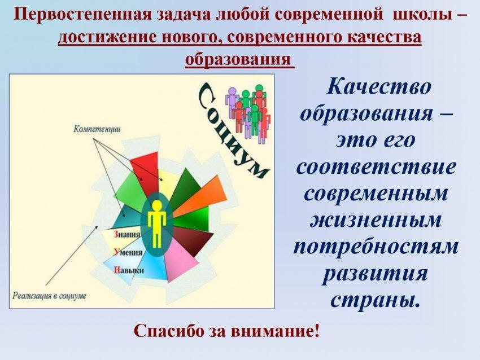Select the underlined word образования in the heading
click(238, 59)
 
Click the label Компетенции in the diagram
click(97, 129)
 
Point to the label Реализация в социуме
click(49, 296)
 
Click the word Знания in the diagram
click(127, 234)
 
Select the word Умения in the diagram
click(128, 252)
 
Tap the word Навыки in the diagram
click(129, 270)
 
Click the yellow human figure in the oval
click(157, 223)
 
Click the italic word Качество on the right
click(379, 86)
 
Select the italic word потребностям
click(376, 247)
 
